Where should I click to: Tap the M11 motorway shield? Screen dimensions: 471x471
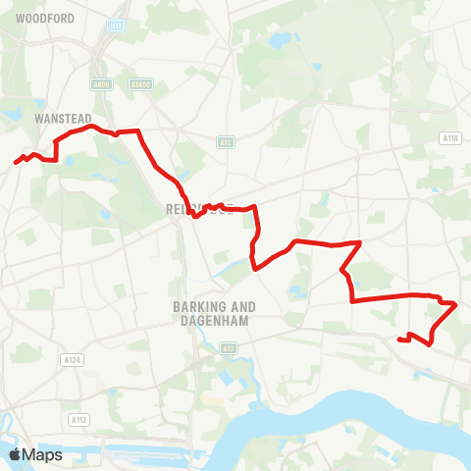118,25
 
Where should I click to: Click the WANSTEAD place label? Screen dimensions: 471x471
55,117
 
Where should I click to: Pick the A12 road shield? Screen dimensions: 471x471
226,143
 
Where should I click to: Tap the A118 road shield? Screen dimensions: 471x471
450,138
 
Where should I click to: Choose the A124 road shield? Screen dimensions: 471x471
71,361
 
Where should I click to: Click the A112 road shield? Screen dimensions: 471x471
79,419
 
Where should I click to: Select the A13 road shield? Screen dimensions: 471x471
229,348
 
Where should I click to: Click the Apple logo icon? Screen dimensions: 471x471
15,454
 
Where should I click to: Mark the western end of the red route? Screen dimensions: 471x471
16,162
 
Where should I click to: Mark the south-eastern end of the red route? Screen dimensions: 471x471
398,340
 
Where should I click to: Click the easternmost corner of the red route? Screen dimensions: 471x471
456,305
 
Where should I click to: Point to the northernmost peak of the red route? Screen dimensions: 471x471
90,126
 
